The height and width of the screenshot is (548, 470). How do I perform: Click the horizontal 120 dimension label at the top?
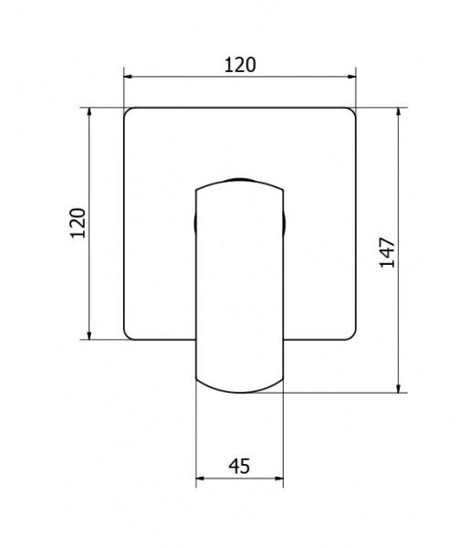[240, 65]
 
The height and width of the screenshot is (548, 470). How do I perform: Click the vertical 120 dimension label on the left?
[78, 223]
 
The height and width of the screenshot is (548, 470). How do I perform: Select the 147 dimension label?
[387, 253]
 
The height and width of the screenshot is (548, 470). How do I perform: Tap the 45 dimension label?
[239, 466]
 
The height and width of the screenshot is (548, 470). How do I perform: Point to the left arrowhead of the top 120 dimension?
[128, 76]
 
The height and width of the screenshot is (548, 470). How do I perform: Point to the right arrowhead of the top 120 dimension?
[351, 76]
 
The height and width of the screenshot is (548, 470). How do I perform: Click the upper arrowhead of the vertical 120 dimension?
[89, 111]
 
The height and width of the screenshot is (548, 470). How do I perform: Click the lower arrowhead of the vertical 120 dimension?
[89, 335]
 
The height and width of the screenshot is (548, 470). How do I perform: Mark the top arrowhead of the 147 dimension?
[399, 111]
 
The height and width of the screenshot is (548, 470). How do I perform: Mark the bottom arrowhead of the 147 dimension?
[399, 388]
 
